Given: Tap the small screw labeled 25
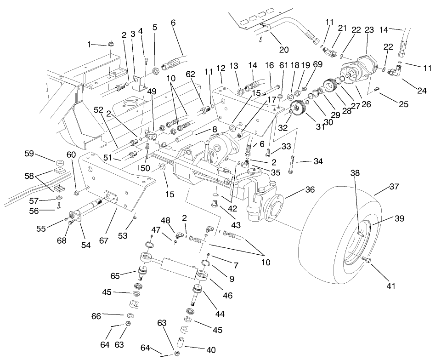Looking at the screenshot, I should click(x=377, y=89).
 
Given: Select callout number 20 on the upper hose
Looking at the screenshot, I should click(x=284, y=50).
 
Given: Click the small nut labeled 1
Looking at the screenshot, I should click(x=110, y=44).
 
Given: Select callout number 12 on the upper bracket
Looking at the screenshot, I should click(x=221, y=68).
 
